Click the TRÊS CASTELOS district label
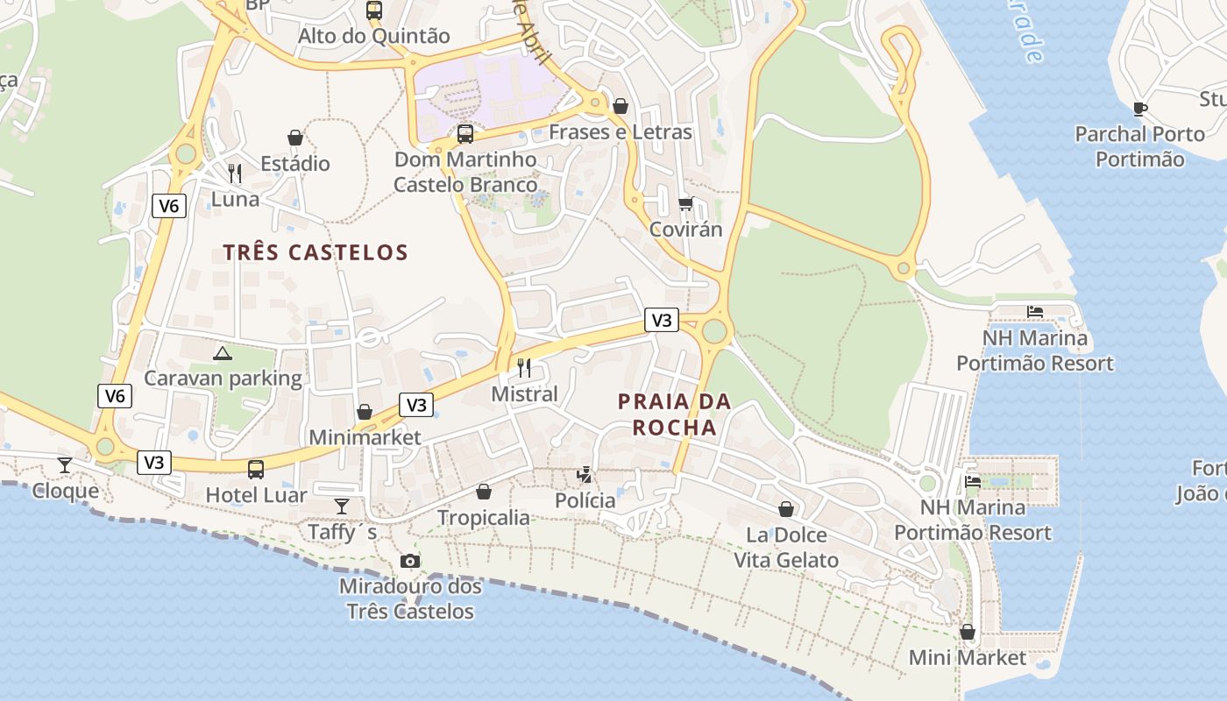coord(316,252)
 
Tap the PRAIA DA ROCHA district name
coord(674,414)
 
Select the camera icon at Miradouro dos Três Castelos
coord(409,561)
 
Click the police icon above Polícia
coord(585,475)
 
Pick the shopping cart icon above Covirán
coord(685,204)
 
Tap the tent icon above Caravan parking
coord(223,353)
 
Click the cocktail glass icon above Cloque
coord(65,464)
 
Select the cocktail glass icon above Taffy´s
coord(342,506)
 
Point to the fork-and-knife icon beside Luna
coord(234,173)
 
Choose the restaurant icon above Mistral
coord(524,368)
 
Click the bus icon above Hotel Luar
coord(256,470)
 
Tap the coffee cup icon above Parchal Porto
coord(1139,109)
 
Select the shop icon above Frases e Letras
coord(621,106)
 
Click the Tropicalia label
coord(483,518)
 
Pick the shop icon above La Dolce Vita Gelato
coord(786,509)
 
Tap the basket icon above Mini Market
coord(968,632)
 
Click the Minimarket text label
coord(365,437)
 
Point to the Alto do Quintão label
coord(373,36)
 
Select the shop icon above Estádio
coord(295,138)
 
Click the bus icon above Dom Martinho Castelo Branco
coord(465,134)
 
